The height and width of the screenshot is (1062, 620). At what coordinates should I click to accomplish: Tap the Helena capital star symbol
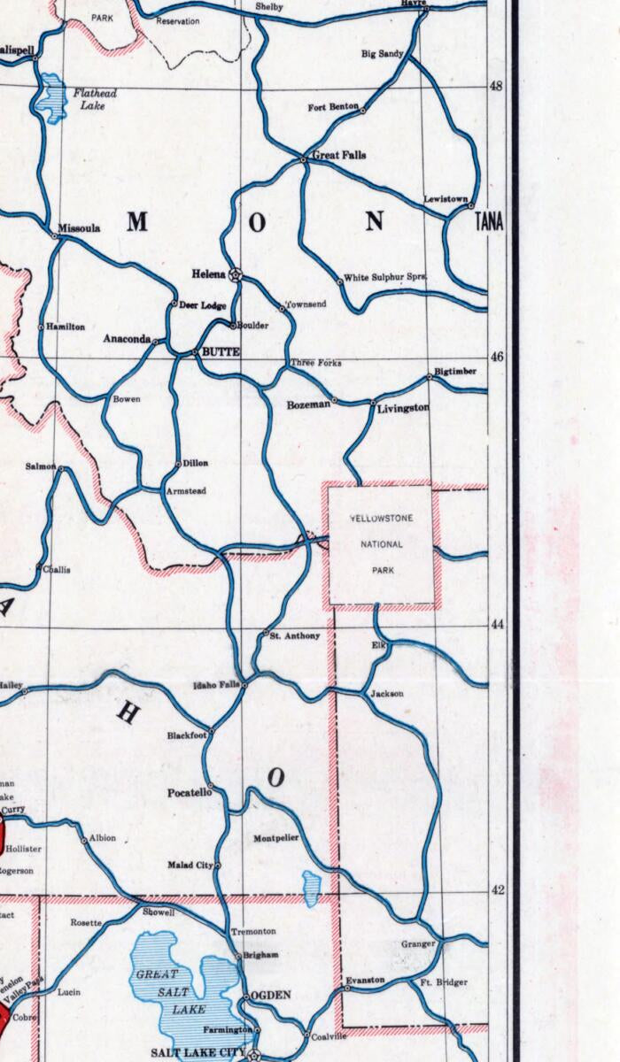(236, 274)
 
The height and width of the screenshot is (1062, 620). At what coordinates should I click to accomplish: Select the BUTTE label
(221, 352)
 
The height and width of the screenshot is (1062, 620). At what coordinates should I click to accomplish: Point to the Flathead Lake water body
(51, 96)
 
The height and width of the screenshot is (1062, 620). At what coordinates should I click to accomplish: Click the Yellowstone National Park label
(381, 543)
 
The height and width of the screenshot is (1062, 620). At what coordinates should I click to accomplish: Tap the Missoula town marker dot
(55, 236)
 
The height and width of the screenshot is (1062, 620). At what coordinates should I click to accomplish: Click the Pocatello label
(190, 793)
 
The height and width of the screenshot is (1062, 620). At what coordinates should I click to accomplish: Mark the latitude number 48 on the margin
(497, 86)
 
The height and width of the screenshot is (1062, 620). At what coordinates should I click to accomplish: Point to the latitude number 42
(497, 890)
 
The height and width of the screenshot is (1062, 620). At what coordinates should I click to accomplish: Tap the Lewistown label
(446, 199)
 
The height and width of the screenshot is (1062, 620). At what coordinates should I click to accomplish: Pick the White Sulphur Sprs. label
(385, 277)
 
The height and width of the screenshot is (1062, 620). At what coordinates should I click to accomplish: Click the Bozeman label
(308, 404)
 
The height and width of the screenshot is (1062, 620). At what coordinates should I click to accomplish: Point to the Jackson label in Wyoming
(387, 694)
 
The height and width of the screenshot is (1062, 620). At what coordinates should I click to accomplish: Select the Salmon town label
(41, 466)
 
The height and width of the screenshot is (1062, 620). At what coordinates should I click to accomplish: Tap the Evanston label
(365, 980)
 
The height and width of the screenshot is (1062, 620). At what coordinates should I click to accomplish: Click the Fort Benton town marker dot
(362, 111)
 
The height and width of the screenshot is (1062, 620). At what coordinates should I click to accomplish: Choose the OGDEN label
(271, 996)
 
